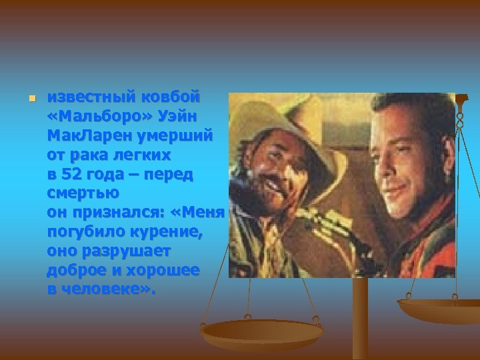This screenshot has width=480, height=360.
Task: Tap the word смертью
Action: tap(83, 194)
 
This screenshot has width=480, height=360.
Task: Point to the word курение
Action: tap(169, 233)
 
